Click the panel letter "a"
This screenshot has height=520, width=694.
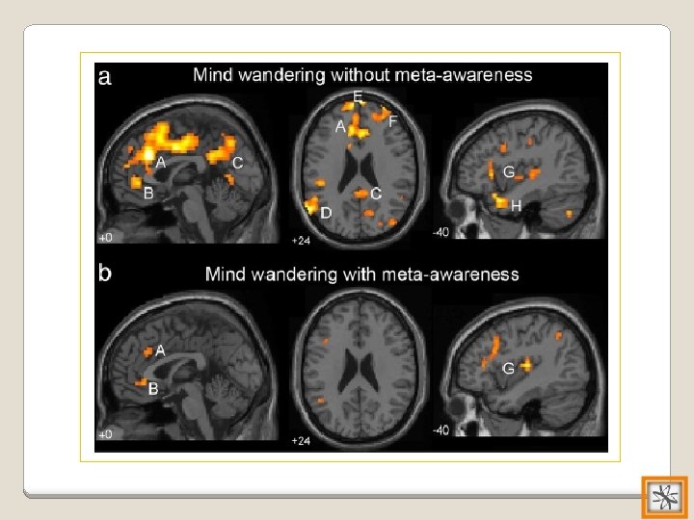click(105, 78)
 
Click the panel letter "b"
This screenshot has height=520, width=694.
click(105, 273)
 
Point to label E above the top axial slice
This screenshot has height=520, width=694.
click(359, 97)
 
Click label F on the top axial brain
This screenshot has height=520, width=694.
click(392, 121)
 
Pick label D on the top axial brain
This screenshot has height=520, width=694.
click(326, 213)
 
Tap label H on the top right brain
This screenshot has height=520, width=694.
click(517, 206)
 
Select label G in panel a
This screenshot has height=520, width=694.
click(508, 171)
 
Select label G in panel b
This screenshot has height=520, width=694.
click(508, 368)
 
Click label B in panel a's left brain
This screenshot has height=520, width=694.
click(147, 193)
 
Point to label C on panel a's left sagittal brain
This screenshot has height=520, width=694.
click(237, 164)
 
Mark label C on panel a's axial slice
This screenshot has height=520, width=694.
click(375, 194)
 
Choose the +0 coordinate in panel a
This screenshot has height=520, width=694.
click(105, 236)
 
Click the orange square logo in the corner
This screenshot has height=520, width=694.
click(664, 498)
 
